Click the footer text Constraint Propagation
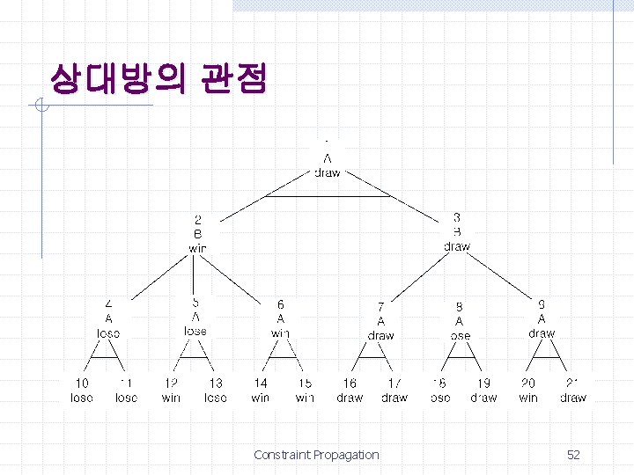(316, 455)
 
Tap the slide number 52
(573, 455)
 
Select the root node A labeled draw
(328, 160)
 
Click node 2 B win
(197, 233)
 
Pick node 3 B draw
(457, 232)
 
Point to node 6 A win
(280, 318)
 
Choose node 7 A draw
(380, 320)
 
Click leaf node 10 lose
(82, 391)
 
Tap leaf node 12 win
(171, 391)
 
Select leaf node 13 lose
(216, 391)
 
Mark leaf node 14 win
(261, 391)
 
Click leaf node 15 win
(305, 391)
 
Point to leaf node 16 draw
(350, 391)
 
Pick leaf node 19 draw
(483, 391)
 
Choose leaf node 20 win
(528, 391)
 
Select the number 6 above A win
(280, 304)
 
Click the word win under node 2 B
(197, 248)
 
